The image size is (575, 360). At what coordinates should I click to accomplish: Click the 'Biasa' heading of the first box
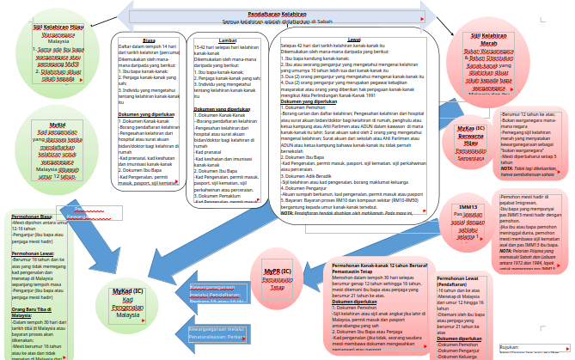click(149, 39)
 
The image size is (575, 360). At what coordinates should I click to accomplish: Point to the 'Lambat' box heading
click(229, 39)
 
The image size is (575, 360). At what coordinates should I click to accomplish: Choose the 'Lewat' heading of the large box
click(354, 39)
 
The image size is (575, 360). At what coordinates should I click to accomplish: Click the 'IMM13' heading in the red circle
click(468, 207)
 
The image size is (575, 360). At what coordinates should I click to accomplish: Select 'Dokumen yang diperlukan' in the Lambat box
click(223, 109)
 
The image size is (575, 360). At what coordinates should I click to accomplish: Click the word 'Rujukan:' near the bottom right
click(510, 348)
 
